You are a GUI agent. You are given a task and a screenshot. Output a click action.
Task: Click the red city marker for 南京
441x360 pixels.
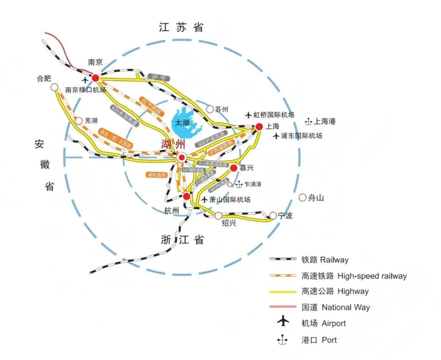96,78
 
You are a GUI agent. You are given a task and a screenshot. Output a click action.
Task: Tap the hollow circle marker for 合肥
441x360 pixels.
54,87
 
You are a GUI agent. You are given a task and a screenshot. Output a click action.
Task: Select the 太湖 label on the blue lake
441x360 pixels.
182,122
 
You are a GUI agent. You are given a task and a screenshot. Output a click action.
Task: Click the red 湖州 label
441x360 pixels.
173,144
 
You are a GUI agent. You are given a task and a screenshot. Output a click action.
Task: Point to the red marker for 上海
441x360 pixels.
259,127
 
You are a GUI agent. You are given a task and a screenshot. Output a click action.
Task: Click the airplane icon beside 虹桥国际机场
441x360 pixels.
248,115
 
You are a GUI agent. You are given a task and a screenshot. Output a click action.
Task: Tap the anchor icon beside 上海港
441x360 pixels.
309,121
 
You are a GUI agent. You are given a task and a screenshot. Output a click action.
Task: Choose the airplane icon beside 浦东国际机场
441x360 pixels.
277,136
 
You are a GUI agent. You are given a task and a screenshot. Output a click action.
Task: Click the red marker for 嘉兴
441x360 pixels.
234,168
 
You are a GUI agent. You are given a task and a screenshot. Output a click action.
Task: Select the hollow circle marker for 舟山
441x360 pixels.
303,198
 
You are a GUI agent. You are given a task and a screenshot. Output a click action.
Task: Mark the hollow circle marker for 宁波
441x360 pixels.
273,216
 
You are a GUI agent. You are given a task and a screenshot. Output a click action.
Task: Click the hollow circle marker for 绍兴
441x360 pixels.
219,216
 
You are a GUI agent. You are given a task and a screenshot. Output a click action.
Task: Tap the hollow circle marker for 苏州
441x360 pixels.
210,109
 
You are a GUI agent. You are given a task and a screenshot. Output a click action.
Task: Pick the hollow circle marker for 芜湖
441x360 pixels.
79,121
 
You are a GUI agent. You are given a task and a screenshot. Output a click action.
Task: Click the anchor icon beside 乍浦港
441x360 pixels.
239,184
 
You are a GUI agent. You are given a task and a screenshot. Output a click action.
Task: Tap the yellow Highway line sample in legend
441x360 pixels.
283,291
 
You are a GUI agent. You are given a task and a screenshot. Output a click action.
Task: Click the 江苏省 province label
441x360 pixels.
181,28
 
